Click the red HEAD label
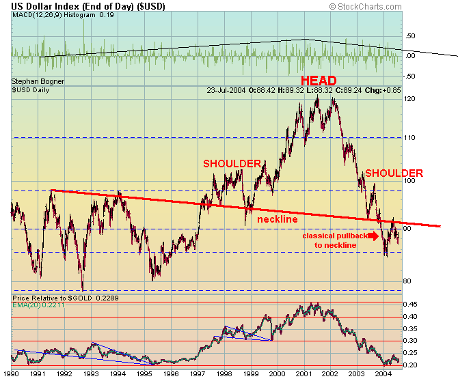pyautogui.click(x=318, y=81)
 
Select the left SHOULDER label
pyautogui.click(x=232, y=163)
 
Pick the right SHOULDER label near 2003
pyautogui.click(x=394, y=173)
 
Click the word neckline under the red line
pyautogui.click(x=277, y=219)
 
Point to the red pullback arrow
pyautogui.click(x=372, y=236)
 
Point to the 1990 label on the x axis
pyautogui.click(x=12, y=374)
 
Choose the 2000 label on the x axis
pyautogui.click(x=277, y=374)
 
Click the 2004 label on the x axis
pyautogui.click(x=383, y=374)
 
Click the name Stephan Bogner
pyautogui.click(x=34, y=81)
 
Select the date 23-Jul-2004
pyautogui.click(x=227, y=89)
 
